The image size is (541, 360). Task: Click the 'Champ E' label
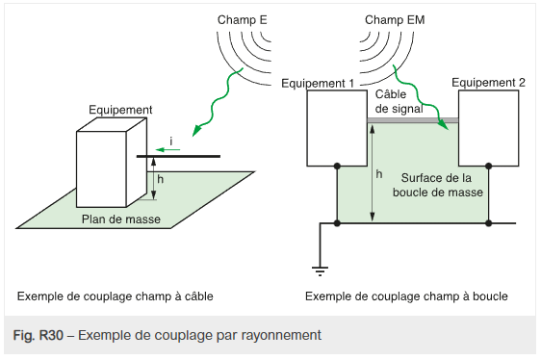242,20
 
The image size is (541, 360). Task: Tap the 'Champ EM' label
395,20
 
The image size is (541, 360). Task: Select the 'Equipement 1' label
318,84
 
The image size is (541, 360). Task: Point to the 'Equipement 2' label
488,83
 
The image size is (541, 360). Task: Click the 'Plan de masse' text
121,219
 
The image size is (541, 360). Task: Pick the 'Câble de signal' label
399,101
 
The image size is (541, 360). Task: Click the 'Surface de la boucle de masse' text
437,185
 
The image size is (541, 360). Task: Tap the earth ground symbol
320,270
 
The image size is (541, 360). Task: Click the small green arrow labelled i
167,150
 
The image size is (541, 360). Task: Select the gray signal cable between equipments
413,120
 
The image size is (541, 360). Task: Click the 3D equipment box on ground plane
112,163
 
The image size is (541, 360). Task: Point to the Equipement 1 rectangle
337,128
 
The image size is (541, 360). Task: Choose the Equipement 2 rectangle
489,128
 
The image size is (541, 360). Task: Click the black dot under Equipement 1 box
337,167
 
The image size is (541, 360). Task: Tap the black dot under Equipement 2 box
488,167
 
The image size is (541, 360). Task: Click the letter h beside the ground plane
160,179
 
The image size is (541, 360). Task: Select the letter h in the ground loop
379,174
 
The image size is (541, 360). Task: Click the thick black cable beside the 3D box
178,156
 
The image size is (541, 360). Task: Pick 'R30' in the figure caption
51,335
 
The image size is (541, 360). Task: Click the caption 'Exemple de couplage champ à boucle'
406,296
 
